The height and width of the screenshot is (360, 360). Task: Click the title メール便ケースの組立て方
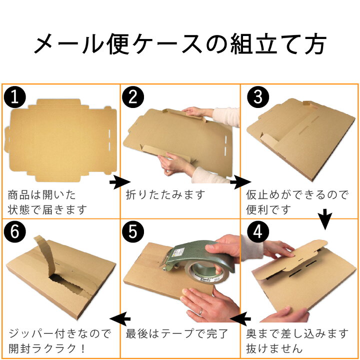coord(180,44)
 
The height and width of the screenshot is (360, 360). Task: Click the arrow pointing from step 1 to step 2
coord(119,182)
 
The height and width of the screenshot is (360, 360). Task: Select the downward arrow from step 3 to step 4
coord(325,218)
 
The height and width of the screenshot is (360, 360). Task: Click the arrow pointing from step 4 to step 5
coord(240,317)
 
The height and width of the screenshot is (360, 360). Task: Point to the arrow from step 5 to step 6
coord(120,318)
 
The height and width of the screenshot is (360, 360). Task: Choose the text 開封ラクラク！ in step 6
coord(47,347)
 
